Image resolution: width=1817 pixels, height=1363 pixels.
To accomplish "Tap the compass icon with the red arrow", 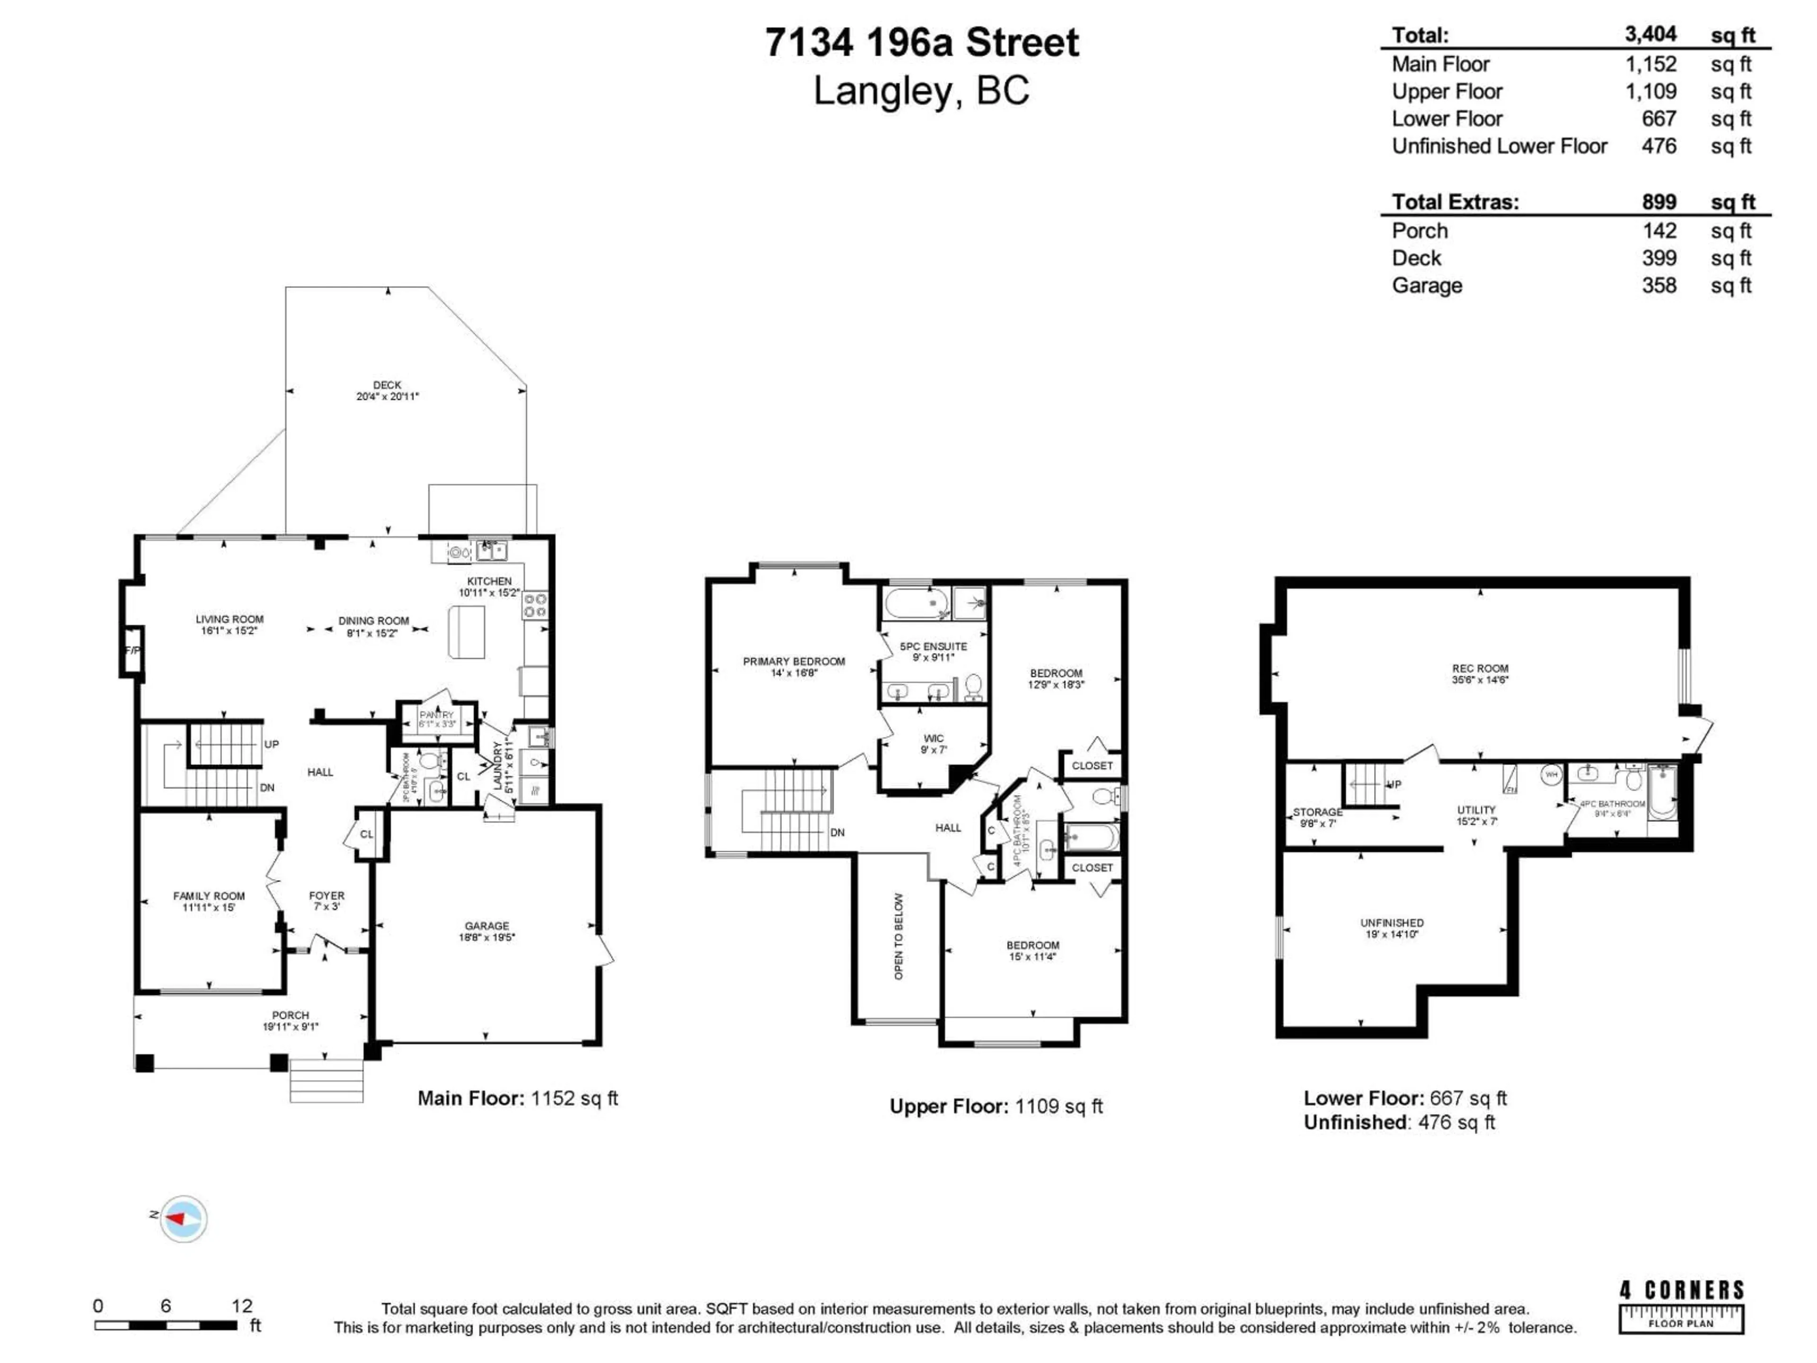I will pyautogui.click(x=183, y=1218).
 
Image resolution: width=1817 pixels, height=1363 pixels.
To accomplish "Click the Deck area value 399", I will pyautogui.click(x=1658, y=258).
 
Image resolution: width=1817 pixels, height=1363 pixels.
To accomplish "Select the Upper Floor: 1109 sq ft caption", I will pyautogui.click(x=996, y=1106).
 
